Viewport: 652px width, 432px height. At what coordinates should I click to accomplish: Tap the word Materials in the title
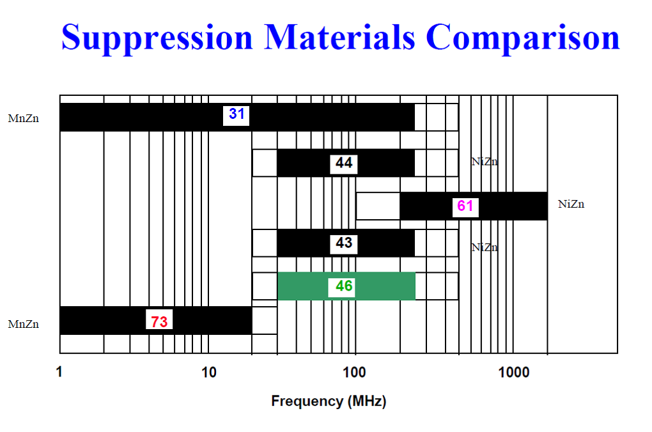339,37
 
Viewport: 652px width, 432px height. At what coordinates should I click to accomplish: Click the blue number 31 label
237,114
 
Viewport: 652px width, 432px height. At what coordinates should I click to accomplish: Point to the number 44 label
344,162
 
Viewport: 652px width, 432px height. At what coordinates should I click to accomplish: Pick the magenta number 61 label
465,206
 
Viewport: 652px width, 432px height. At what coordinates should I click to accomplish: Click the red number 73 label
159,322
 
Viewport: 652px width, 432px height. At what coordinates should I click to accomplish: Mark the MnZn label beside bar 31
23,118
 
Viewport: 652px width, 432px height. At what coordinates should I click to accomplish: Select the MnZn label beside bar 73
23,324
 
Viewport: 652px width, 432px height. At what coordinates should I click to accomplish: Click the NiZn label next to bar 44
485,161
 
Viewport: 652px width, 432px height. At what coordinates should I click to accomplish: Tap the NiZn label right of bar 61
571,204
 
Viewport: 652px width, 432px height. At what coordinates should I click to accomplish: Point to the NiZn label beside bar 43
485,247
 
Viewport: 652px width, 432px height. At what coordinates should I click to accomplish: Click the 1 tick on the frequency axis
59,372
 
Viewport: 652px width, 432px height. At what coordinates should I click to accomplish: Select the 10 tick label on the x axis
209,372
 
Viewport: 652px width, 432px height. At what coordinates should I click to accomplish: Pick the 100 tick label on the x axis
354,372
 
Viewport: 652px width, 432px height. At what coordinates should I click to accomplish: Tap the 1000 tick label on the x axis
514,372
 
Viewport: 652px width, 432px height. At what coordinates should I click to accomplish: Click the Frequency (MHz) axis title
329,401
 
